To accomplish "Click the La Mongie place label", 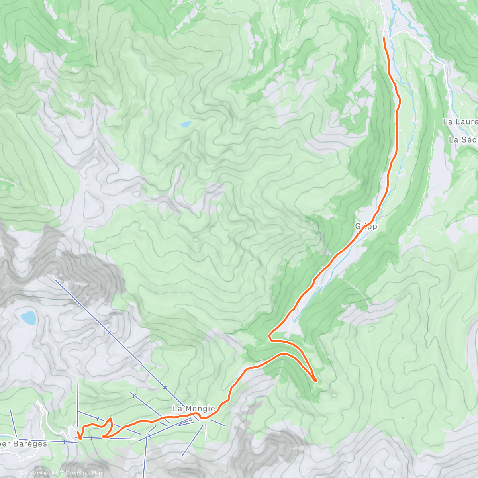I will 194,408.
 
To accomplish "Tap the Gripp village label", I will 366,226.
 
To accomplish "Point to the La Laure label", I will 460,121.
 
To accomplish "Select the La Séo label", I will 463,140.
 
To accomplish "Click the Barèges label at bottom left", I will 24,444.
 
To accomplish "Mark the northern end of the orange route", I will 384,38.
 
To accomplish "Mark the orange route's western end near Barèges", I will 80,439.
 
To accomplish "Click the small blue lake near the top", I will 186,124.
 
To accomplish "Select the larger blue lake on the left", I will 28,317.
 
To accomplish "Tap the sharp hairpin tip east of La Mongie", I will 315,381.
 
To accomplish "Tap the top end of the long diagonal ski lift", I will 55,280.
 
